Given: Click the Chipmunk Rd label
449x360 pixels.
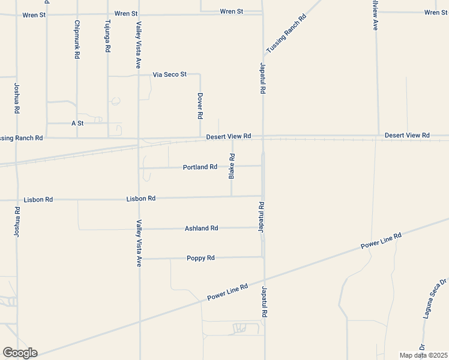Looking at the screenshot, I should tap(77, 40).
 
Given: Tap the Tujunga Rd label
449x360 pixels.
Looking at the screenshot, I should tap(107, 37).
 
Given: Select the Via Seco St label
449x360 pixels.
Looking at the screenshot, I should tap(170, 74).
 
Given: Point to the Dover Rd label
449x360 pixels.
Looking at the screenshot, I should tap(200, 106).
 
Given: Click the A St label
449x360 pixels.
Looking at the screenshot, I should tap(77, 123).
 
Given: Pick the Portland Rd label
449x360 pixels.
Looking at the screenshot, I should tap(200, 167).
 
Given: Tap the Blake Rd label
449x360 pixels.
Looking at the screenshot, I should tap(232, 166).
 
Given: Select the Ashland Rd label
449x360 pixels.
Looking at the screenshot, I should tap(201, 228).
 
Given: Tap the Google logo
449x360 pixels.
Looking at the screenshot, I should tap(20, 353).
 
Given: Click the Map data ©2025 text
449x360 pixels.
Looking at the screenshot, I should tap(423, 355).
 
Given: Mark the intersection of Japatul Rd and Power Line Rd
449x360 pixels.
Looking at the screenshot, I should tap(264, 280).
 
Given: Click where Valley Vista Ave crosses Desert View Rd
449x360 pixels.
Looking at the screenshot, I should tap(139, 139).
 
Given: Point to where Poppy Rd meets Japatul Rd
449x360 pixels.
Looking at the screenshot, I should tap(263, 257).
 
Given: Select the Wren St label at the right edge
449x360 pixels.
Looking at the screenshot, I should tap(436, 12).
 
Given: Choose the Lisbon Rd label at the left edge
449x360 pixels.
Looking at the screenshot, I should tap(38, 199).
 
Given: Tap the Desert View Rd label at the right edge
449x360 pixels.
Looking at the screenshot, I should tap(407, 136).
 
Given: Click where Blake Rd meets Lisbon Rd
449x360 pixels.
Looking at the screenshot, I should tap(232, 196).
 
